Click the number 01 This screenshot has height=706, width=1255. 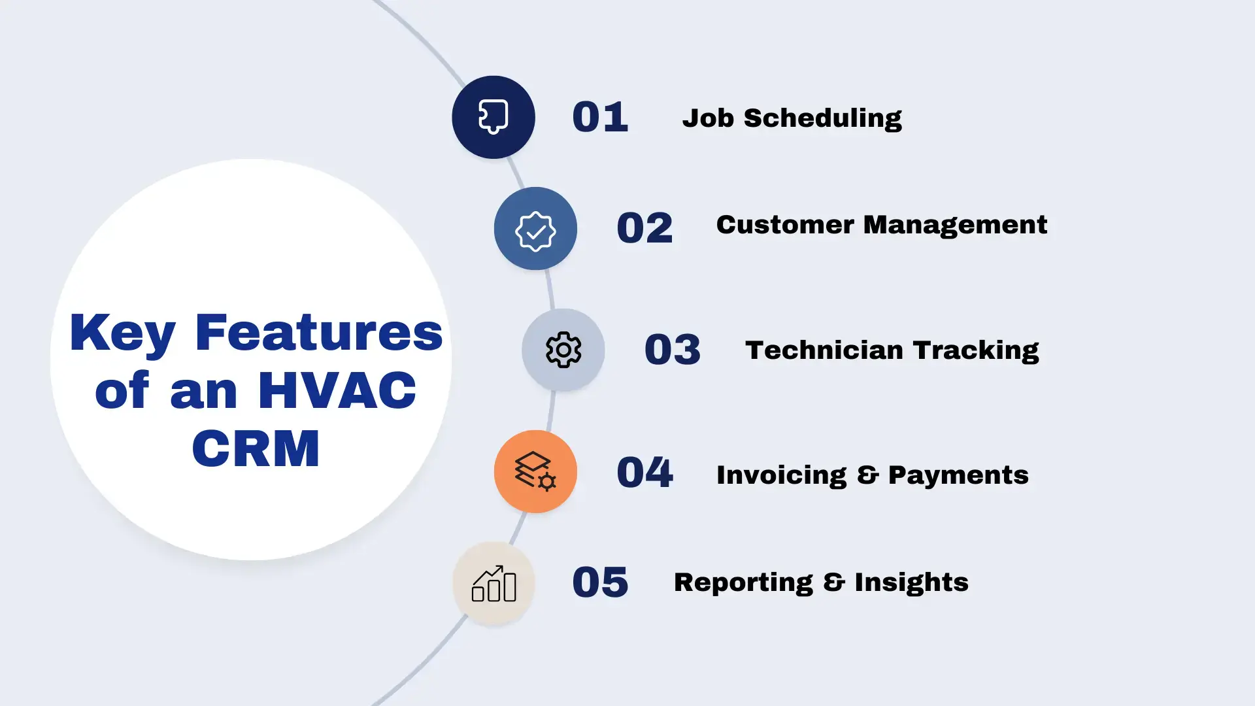[600, 118]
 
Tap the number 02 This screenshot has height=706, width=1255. [644, 228]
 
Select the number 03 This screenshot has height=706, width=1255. [673, 350]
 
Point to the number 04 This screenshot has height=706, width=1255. [644, 472]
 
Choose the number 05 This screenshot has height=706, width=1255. [600, 582]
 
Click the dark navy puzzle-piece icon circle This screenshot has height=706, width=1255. [494, 117]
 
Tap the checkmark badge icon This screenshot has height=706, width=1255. [535, 229]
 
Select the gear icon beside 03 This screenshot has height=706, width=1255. [563, 350]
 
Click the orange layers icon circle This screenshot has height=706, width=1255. [535, 471]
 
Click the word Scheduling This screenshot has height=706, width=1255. [822, 119]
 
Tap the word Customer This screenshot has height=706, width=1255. [785, 225]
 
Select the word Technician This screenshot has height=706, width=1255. [824, 350]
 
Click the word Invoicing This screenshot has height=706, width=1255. [781, 476]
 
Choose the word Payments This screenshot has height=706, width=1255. [958, 475]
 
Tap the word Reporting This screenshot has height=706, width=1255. [743, 583]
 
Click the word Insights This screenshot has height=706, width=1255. [911, 583]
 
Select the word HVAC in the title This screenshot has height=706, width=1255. [337, 390]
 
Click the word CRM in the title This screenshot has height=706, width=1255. [256, 448]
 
